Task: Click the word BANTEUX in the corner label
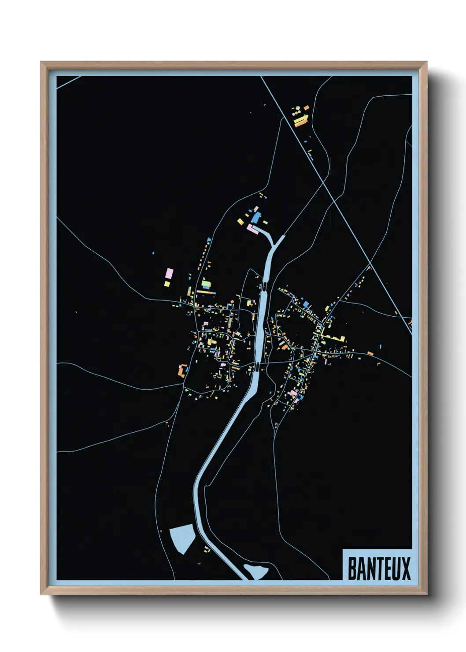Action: coord(379,568)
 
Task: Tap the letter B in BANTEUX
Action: coord(352,568)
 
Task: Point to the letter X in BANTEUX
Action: coord(406,568)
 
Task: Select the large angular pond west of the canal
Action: coord(182,538)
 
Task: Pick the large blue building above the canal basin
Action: coord(255,217)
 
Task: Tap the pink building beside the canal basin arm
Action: coord(252,229)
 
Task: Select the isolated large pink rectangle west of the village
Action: coord(168,274)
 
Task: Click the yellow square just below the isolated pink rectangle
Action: coord(167,284)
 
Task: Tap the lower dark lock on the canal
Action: coord(256,367)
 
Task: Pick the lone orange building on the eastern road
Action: coord(370,353)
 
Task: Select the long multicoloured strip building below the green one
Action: coord(205,292)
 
